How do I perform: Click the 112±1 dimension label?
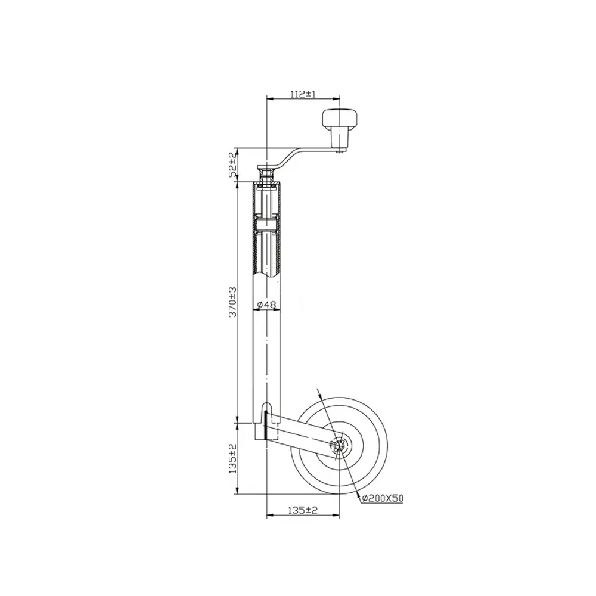click(x=303, y=94)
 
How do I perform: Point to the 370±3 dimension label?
click(x=232, y=302)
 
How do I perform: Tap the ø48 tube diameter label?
click(x=267, y=304)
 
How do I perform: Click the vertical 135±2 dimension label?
click(x=232, y=459)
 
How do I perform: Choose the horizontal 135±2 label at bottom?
click(x=303, y=510)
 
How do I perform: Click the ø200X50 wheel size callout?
click(x=383, y=498)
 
